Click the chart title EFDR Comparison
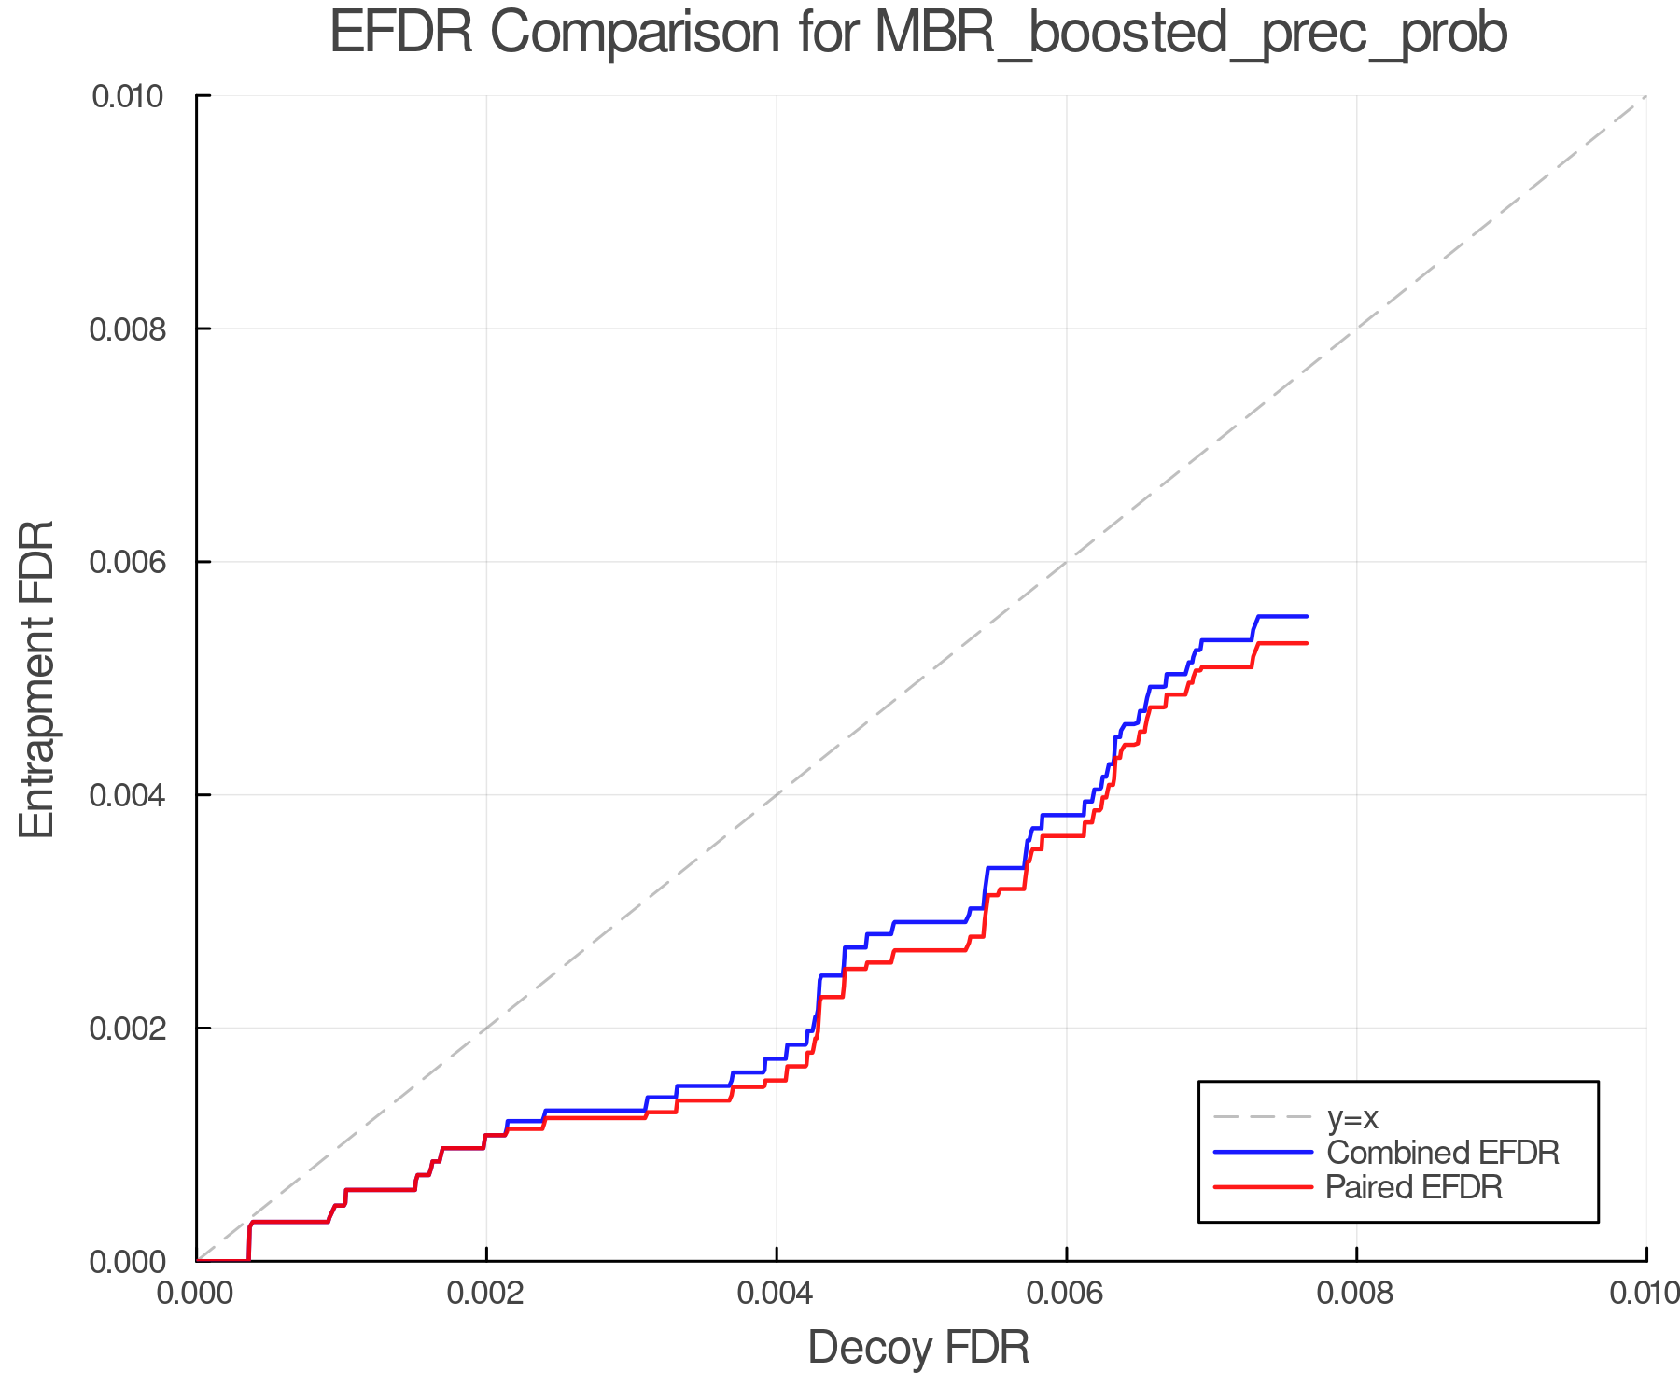918,34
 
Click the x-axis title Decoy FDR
918,1348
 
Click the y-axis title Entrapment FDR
37,679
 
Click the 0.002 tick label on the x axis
486,1294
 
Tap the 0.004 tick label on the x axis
777,1294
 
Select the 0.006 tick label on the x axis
1067,1294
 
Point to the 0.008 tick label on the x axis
1357,1294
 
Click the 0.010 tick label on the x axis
1645,1294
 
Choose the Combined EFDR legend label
1442,1153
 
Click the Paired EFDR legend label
1414,1187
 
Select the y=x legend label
1352,1118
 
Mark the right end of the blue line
1307,616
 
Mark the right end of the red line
1307,643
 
